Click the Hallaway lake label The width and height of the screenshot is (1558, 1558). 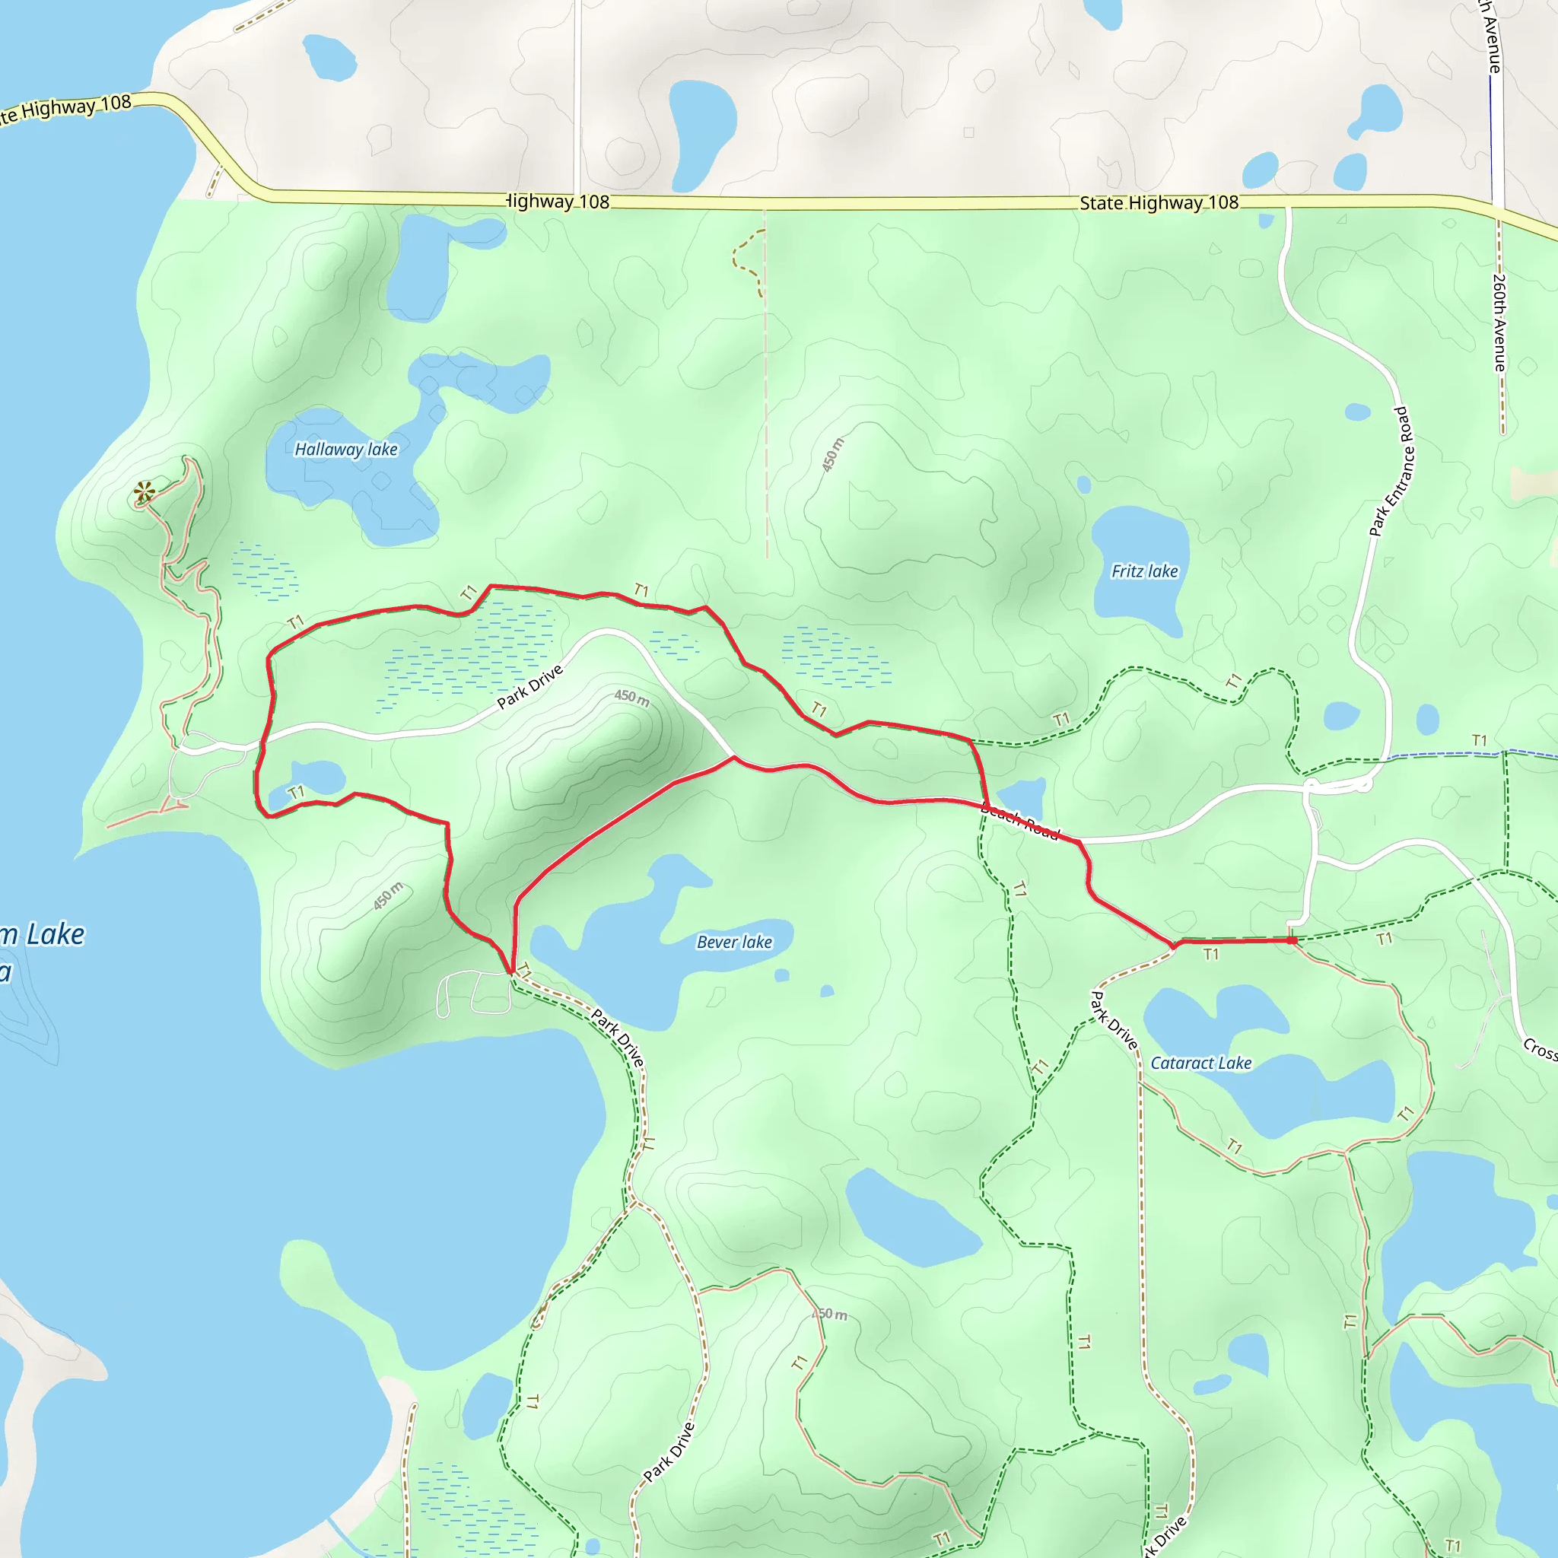coord(346,449)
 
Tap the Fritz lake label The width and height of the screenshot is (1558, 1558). coord(1144,571)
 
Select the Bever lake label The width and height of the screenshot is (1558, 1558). coord(734,942)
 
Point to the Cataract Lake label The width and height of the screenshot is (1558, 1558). coord(1200,1063)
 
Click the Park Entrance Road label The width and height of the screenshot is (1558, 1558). coord(1391,472)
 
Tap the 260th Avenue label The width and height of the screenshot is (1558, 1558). coord(1499,323)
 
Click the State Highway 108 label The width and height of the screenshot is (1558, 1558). coord(1159,202)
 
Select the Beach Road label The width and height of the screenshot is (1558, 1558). coord(1020,823)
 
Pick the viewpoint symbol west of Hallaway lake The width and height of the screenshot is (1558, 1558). coord(145,491)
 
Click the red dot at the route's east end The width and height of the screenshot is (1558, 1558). coord(1292,940)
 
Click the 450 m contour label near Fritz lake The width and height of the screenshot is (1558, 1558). coord(833,455)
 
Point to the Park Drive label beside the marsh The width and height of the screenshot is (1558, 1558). coord(529,687)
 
